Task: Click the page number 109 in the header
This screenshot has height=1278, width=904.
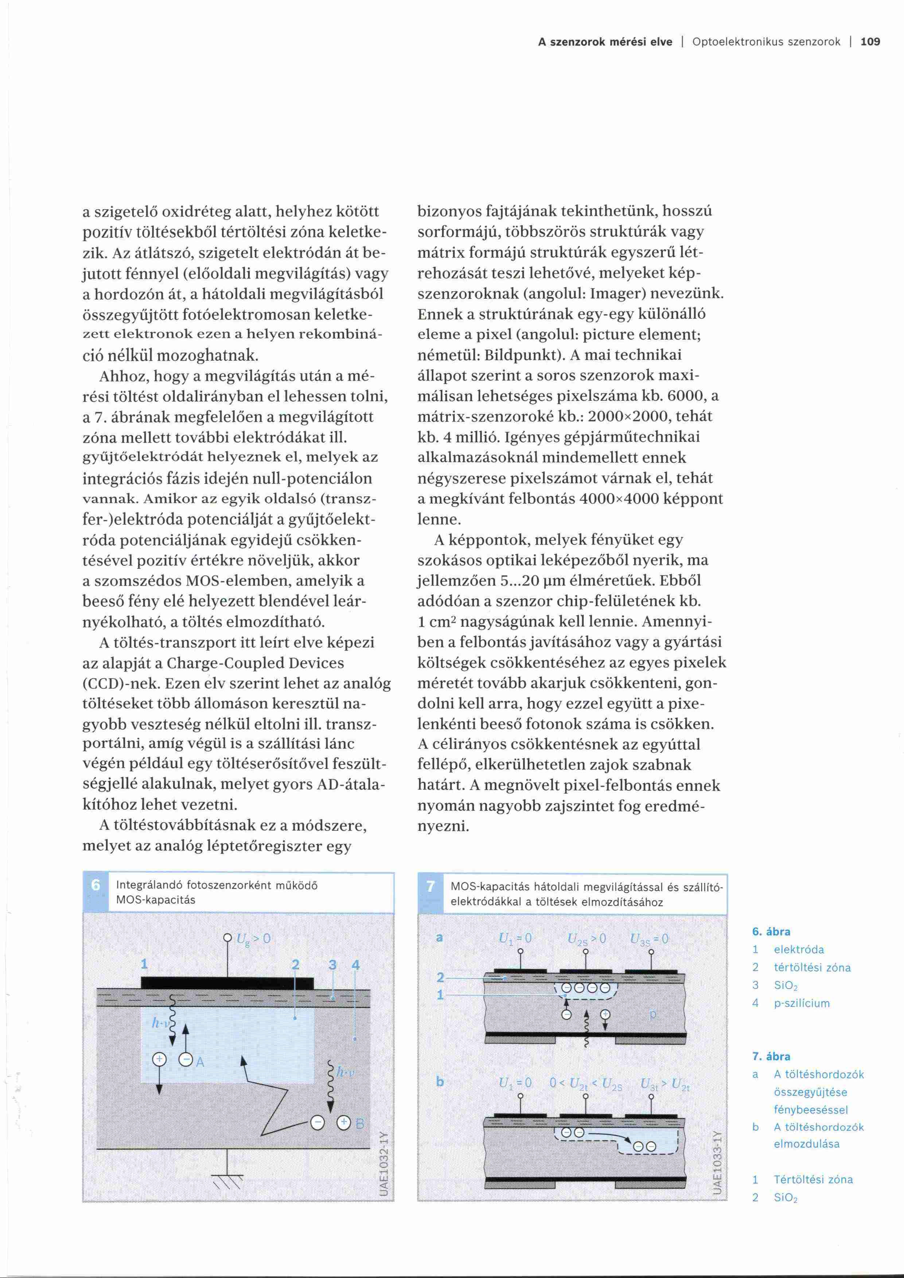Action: tap(870, 42)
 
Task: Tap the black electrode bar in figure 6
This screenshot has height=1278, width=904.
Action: tap(227, 983)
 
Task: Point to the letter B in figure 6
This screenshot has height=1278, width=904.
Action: tap(359, 1123)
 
